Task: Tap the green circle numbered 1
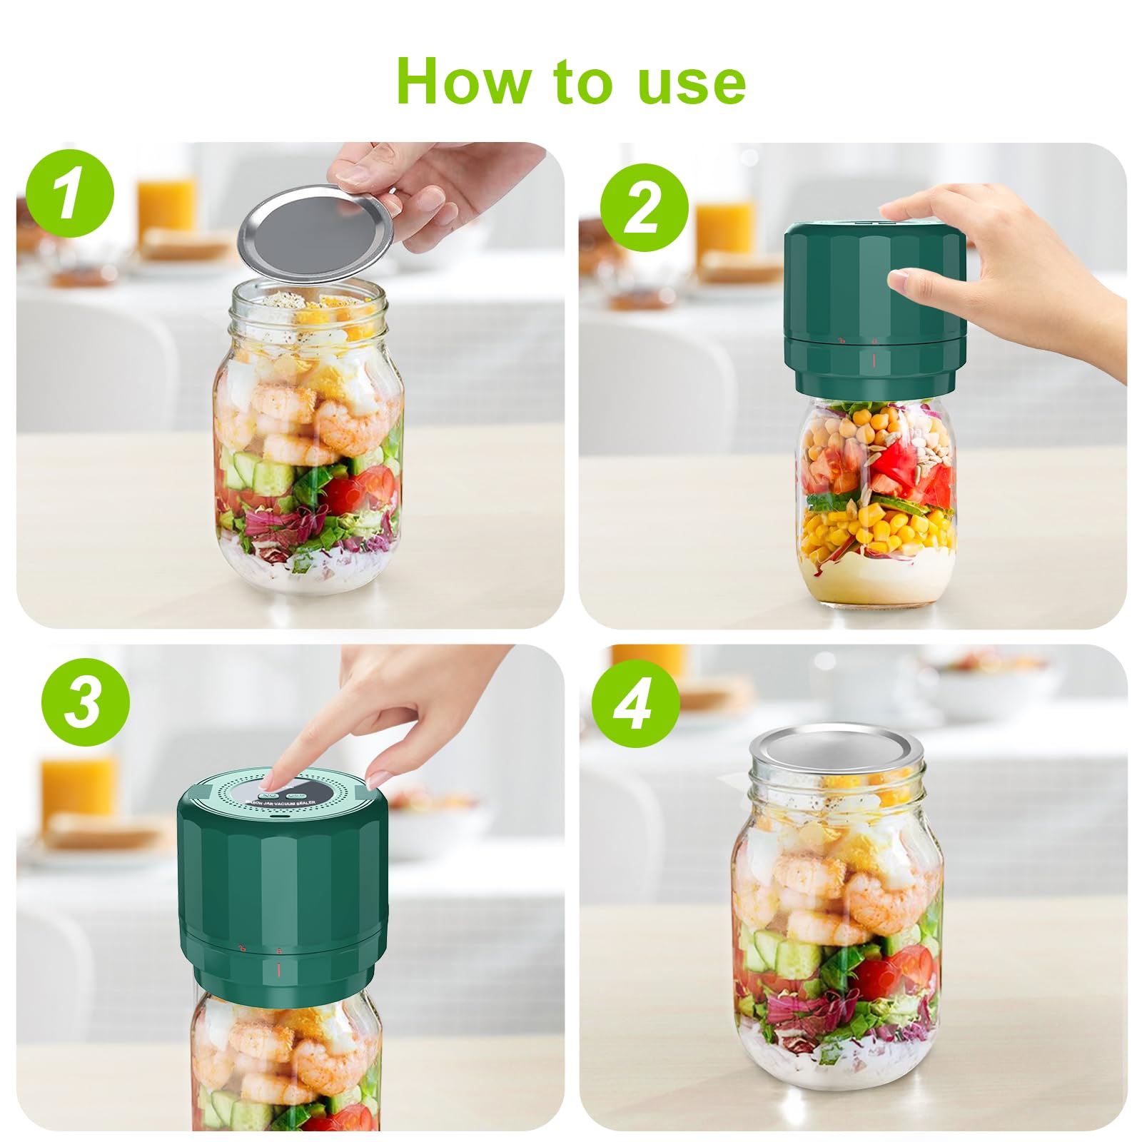tap(69, 193)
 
